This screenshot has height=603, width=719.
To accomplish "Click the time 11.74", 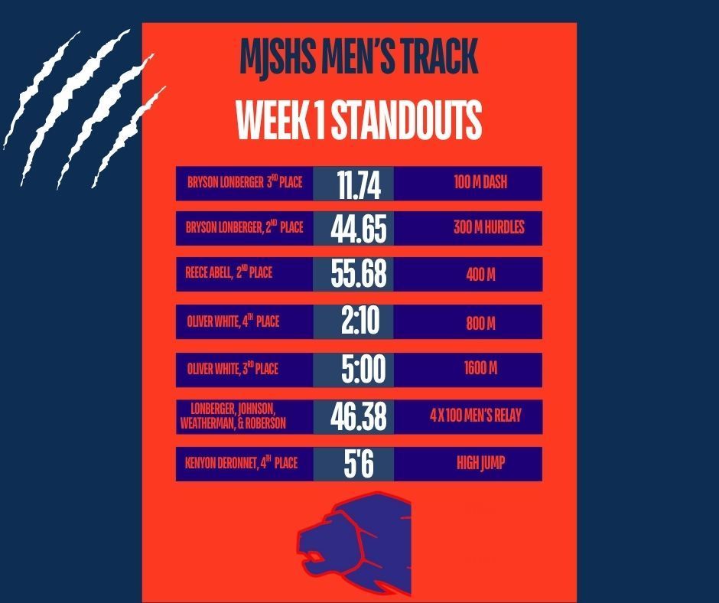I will [x=353, y=184].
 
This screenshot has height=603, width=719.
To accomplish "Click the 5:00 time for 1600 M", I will [x=363, y=369].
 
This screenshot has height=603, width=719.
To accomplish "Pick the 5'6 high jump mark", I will [x=353, y=464].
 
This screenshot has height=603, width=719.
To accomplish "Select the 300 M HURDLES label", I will [x=489, y=228].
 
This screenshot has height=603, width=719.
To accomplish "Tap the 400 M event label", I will [x=480, y=275].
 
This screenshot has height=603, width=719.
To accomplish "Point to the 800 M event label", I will [x=480, y=322].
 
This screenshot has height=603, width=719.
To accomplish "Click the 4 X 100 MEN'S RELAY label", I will [x=476, y=417].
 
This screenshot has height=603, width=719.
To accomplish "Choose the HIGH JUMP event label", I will [x=481, y=464].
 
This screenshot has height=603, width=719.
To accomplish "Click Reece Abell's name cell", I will [x=229, y=275].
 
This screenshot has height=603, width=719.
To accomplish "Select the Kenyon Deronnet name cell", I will [x=241, y=464].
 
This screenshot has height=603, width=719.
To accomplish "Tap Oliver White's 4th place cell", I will [x=233, y=322].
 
